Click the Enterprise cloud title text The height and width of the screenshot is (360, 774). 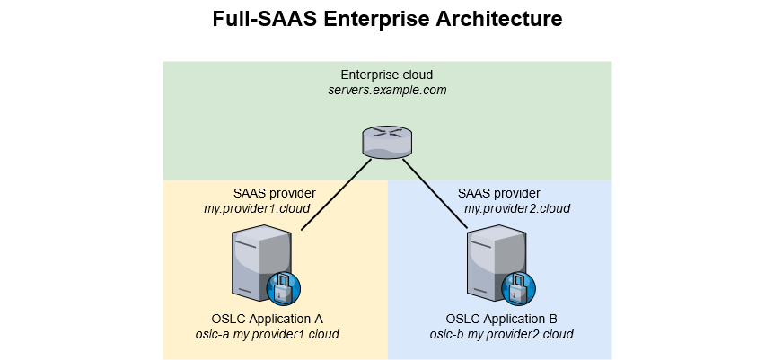pyautogui.click(x=387, y=75)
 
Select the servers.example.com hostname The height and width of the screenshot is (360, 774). pyautogui.click(x=387, y=91)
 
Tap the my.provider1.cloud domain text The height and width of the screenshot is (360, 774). pyautogui.click(x=258, y=208)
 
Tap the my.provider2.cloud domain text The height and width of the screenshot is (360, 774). pyautogui.click(x=517, y=208)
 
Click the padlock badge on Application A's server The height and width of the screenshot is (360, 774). pyautogui.click(x=283, y=289)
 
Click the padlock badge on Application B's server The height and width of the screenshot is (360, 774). pyautogui.click(x=518, y=289)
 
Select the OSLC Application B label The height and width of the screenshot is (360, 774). pyautogui.click(x=502, y=319)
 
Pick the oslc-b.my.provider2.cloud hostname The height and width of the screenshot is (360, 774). pyautogui.click(x=502, y=335)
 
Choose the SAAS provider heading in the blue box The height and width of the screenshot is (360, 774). pyautogui.click(x=499, y=193)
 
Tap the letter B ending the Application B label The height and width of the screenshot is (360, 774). pyautogui.click(x=553, y=319)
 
